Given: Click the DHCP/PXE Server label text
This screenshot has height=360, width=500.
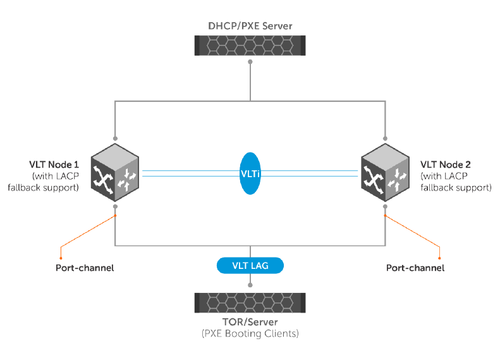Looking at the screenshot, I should click(x=250, y=26).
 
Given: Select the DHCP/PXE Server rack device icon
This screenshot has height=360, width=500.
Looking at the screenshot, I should click(x=250, y=44).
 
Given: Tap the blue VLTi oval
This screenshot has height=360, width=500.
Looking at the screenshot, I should click(x=250, y=173).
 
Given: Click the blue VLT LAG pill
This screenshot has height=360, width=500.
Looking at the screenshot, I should click(x=250, y=266).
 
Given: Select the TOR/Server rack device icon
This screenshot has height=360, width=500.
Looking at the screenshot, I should click(x=250, y=303).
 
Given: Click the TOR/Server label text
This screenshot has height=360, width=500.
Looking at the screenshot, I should click(x=250, y=322).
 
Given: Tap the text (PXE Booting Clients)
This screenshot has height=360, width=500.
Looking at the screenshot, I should click(x=250, y=333).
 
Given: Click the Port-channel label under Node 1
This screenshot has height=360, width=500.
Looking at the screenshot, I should click(x=85, y=268).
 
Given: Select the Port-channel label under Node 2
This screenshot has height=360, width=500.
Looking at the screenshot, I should click(x=415, y=268).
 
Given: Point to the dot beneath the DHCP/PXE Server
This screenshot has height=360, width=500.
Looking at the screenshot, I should click(x=250, y=62).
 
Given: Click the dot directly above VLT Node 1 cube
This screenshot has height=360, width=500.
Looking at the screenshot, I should click(x=115, y=138).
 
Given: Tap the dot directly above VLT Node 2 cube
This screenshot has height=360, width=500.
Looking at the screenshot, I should click(x=384, y=138).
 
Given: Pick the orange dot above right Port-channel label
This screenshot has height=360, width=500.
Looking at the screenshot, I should click(x=439, y=258).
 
